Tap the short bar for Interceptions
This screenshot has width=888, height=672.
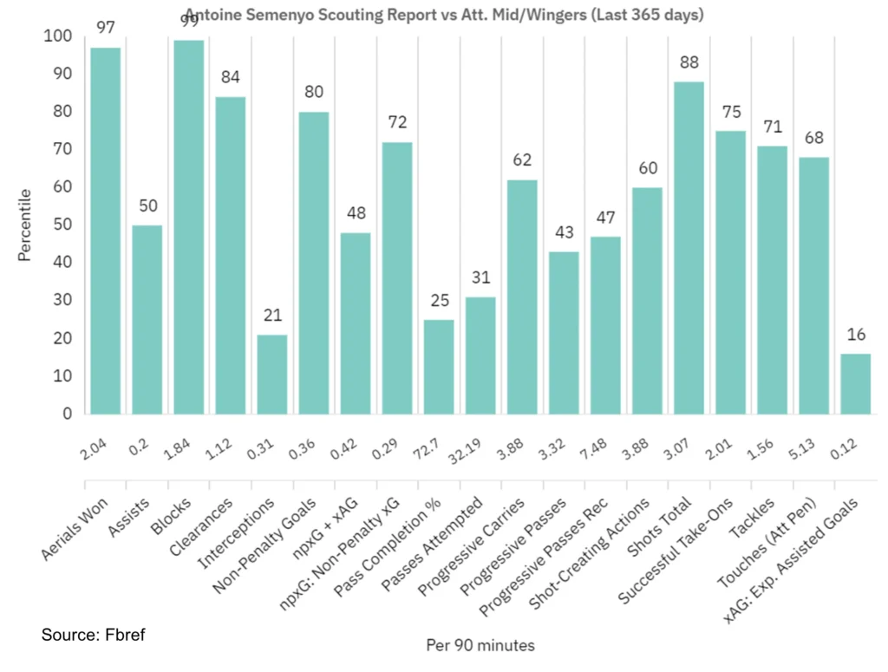271,375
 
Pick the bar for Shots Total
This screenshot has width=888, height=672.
689,248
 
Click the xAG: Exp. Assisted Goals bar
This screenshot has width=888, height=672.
856,384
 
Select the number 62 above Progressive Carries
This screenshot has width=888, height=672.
521,160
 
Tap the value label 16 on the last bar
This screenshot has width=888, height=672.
856,336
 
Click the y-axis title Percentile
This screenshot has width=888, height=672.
26,225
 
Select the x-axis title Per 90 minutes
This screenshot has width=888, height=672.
480,646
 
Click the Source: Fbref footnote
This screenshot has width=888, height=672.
93,636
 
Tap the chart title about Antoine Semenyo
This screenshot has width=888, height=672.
443,15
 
